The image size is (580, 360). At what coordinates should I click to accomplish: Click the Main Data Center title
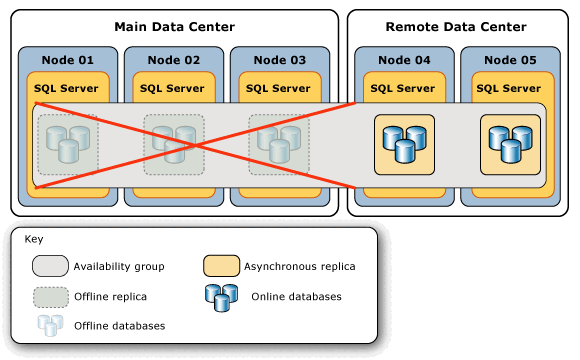click(174, 26)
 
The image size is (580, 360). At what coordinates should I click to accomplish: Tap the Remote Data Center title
click(455, 26)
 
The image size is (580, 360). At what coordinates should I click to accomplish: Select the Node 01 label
click(66, 60)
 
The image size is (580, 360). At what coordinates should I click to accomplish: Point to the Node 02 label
click(171, 60)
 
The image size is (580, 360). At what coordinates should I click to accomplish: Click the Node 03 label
click(277, 60)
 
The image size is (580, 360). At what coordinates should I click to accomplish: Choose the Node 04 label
click(402, 60)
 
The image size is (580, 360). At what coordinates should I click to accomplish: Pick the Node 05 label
click(508, 60)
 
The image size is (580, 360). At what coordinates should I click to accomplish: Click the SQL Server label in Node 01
click(66, 88)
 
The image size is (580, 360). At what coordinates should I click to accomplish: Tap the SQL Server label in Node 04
click(402, 88)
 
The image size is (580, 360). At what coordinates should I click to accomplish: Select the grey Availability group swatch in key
click(50, 266)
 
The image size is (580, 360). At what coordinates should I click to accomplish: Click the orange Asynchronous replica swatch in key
click(221, 266)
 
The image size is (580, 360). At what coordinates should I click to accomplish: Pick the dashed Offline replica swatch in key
click(50, 296)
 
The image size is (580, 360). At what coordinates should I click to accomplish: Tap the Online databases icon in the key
click(221, 296)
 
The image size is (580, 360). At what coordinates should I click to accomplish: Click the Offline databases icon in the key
click(50, 325)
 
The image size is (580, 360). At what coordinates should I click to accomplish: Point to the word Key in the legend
click(33, 240)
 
